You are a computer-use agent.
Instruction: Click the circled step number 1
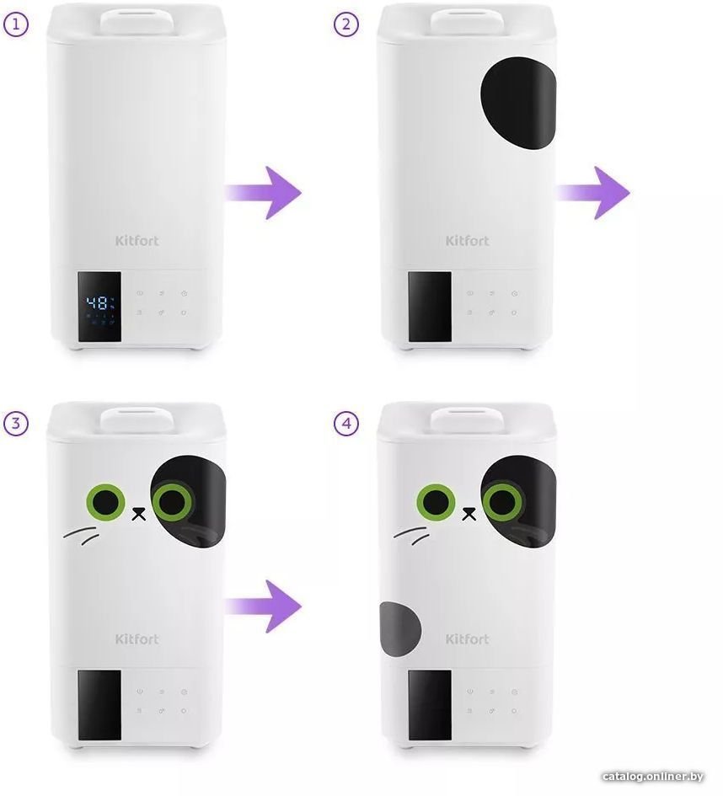[16, 24]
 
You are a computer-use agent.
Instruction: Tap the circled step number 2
[346, 24]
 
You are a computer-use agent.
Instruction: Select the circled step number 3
[16, 423]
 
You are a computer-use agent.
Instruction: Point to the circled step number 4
[346, 423]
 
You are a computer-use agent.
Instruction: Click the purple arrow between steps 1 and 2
[264, 192]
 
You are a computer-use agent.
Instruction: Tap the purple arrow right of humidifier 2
[593, 192]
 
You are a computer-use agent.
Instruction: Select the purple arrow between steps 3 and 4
[264, 606]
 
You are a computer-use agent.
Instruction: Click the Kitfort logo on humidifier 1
[137, 240]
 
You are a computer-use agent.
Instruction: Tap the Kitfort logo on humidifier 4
[467, 638]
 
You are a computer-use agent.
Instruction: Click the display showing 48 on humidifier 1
[99, 307]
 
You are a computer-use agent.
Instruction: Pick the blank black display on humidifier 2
[430, 307]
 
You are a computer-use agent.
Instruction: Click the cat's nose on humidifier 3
[138, 514]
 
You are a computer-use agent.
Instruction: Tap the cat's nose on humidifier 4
[469, 514]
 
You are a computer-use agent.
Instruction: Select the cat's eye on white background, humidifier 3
[105, 502]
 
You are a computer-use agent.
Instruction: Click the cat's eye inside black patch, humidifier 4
[502, 502]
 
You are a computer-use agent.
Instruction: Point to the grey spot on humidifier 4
[399, 629]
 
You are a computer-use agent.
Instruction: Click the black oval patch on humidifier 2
[519, 103]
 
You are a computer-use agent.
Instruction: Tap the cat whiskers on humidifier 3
[81, 535]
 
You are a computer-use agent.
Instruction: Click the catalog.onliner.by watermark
[652, 776]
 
